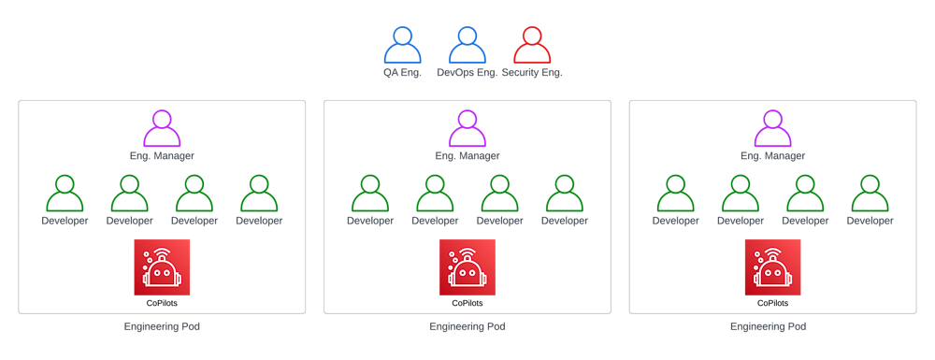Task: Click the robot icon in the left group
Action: [x=161, y=269]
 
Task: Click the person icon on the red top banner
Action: [x=530, y=41]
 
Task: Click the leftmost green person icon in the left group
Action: [x=65, y=191]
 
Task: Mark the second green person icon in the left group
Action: [x=130, y=191]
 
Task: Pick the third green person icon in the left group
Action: [x=194, y=191]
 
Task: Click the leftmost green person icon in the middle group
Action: [x=368, y=191]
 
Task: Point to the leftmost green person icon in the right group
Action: [x=673, y=191]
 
